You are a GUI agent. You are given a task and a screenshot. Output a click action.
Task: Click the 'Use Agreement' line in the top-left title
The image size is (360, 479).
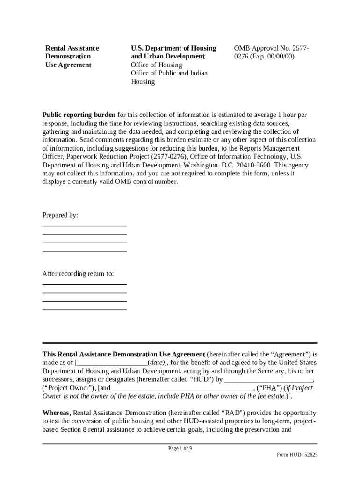(68, 65)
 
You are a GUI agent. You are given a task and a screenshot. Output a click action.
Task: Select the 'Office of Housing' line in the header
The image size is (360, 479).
(156, 65)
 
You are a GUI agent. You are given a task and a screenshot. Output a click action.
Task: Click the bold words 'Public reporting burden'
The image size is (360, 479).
(79, 115)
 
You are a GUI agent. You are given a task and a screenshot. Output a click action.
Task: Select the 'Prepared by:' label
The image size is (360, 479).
(60, 215)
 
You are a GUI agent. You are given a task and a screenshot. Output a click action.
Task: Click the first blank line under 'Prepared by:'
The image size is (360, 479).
(85, 226)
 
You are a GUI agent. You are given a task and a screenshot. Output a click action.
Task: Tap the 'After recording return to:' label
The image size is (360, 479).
(78, 274)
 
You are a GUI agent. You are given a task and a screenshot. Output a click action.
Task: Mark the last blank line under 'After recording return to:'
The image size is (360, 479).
(85, 309)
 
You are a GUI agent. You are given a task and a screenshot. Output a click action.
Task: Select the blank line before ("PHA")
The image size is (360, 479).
(182, 389)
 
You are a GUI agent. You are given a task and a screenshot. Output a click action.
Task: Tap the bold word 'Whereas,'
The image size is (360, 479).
(57, 413)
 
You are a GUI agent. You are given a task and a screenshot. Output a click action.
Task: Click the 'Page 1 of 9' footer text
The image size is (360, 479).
(180, 448)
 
